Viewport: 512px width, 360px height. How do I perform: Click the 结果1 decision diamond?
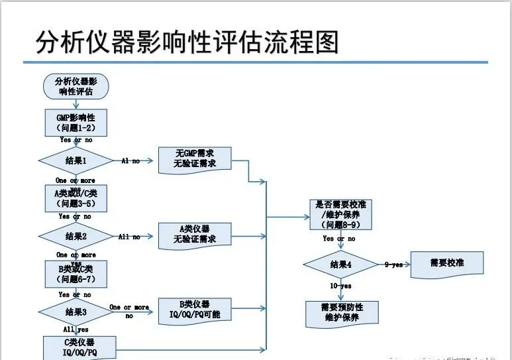tap(76, 160)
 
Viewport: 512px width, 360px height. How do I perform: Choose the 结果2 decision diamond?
tap(76, 236)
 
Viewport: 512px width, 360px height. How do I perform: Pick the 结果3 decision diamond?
tap(76, 311)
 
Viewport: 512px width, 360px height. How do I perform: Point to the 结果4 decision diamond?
tap(340, 265)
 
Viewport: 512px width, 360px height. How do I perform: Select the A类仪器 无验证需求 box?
tap(195, 234)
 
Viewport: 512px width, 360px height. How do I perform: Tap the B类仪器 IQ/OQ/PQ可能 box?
tap(195, 310)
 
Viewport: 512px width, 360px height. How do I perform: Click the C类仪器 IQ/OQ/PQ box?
tap(79, 347)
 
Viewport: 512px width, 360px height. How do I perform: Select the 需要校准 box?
tap(447, 263)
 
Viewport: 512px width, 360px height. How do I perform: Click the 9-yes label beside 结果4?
tap(393, 265)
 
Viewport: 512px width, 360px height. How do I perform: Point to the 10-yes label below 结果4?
tap(341, 286)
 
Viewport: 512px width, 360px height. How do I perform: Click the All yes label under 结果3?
tap(76, 330)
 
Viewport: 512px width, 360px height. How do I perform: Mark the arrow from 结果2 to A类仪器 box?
tap(136, 236)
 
